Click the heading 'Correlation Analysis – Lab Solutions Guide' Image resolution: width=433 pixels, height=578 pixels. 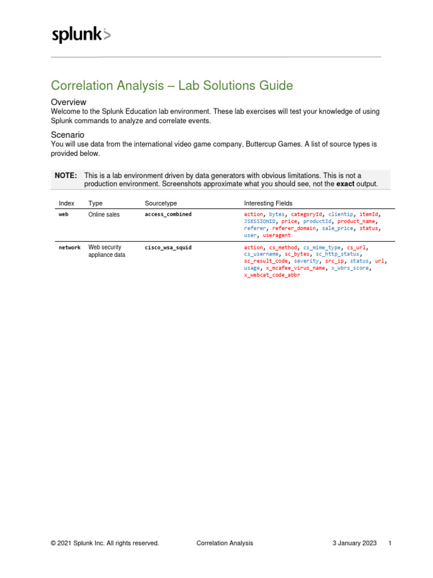[x=172, y=86]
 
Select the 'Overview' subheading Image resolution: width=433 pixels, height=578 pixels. [x=68, y=102]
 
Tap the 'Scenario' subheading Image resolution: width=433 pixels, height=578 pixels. [x=68, y=135]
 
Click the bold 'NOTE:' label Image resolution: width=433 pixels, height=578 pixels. [x=65, y=176]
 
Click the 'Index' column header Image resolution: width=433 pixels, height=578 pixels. [x=67, y=203]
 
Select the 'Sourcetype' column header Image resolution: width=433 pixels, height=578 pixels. [x=161, y=203]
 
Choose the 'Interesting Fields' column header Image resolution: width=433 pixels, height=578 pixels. [x=268, y=203]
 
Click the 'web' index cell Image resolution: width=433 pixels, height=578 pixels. [x=64, y=214]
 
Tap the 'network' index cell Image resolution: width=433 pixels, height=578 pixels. [x=70, y=247]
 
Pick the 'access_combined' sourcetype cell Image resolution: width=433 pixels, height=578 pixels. [x=168, y=214]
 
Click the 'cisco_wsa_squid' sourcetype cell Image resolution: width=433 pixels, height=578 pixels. [x=168, y=247]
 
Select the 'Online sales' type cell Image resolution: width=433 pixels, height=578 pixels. [x=104, y=214]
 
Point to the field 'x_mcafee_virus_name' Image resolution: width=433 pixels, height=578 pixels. [x=295, y=268]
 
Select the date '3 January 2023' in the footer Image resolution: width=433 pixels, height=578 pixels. [x=354, y=543]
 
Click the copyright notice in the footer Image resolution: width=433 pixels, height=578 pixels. [x=105, y=543]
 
